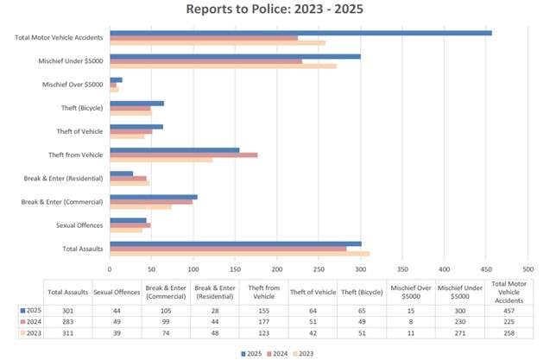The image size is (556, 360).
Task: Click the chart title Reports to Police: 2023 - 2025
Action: [277, 9]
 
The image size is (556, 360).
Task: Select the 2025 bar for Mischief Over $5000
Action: [116, 79]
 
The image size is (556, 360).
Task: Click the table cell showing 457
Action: [509, 309]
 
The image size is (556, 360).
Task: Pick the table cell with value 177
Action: [264, 321]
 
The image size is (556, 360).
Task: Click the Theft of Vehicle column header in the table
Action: [313, 292]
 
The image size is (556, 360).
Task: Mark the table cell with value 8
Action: [412, 321]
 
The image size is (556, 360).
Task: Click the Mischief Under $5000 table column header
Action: [460, 292]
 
